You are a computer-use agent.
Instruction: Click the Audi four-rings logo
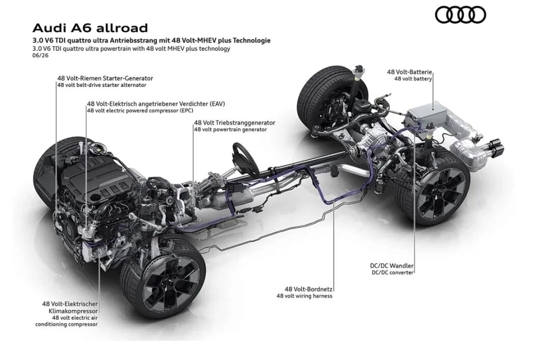(x=460, y=15)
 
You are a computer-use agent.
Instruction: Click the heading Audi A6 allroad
(x=90, y=27)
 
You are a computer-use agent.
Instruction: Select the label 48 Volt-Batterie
(x=409, y=72)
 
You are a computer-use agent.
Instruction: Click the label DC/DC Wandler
(x=392, y=266)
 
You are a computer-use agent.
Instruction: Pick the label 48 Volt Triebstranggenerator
(x=235, y=123)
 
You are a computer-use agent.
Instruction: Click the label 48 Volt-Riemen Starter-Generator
(x=105, y=78)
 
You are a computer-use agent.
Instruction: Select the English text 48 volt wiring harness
(x=305, y=296)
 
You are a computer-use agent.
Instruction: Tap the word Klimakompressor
(x=73, y=311)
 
